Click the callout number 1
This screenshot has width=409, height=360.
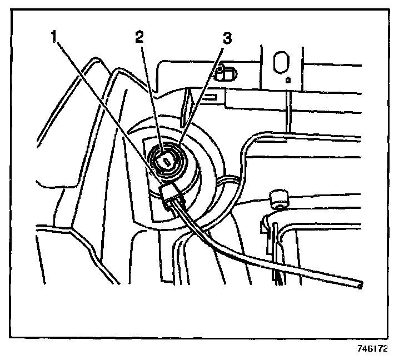tap(54, 38)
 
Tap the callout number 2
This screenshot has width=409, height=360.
tap(139, 38)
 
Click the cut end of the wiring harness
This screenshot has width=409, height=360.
tap(362, 286)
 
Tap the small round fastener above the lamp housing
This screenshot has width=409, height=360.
tap(221, 69)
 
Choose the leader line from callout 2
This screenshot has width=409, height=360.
tap(149, 94)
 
